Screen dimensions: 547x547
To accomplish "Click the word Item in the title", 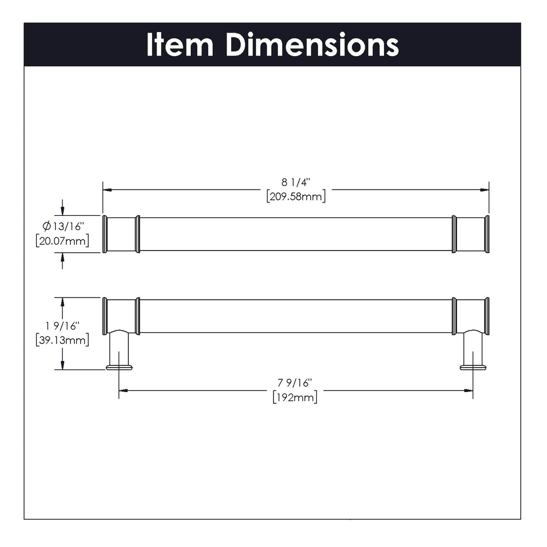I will tap(180, 45).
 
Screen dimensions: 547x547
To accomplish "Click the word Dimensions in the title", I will tap(312, 45).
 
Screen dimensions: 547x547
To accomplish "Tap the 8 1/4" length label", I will tap(295, 183).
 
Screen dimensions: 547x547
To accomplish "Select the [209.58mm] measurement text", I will tap(295, 196).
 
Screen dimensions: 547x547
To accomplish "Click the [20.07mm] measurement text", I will tap(62, 241).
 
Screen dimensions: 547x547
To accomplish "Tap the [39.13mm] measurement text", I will tap(62, 340).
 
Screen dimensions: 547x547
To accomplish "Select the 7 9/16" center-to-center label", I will tap(295, 382).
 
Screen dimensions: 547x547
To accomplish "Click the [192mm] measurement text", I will tap(295, 397).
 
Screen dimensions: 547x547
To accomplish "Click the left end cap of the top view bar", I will tap(105, 234).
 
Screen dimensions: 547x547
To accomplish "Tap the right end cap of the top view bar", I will tap(487, 234).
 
